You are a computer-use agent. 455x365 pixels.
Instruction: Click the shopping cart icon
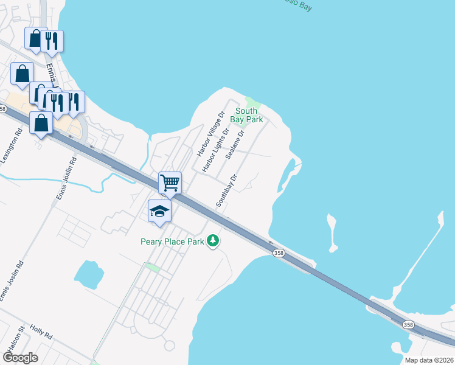click(170, 182)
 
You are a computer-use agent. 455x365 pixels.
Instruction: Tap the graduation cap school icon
click(159, 211)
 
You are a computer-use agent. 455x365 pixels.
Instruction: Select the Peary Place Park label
click(172, 242)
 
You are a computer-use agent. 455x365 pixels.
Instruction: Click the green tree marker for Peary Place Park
click(213, 242)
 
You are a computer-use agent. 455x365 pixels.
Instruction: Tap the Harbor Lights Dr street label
click(216, 150)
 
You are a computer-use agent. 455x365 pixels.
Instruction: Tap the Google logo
click(19, 358)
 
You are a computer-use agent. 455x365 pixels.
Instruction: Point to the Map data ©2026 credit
click(428, 360)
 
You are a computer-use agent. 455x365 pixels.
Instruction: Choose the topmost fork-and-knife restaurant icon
click(52, 40)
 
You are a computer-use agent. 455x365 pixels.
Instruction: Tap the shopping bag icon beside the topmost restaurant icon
click(35, 38)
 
